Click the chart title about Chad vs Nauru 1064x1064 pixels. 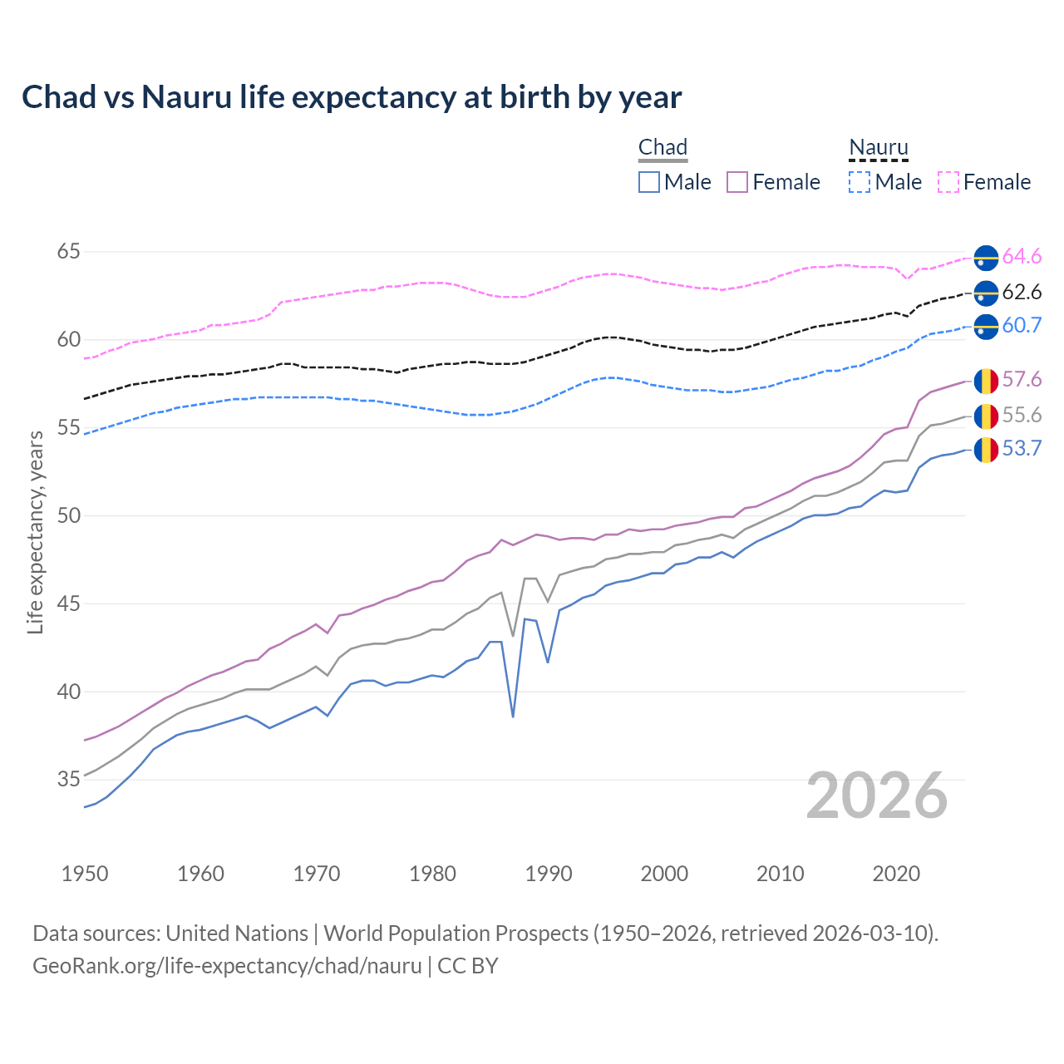[x=352, y=97]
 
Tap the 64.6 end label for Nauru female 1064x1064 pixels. [x=1022, y=257]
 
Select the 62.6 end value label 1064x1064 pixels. [x=1022, y=292]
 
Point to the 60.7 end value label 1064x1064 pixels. [x=1022, y=325]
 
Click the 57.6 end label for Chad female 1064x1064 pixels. [x=1022, y=380]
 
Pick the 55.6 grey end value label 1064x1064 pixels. [x=1022, y=415]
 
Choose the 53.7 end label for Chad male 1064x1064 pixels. [x=1022, y=449]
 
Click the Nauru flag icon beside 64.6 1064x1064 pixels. [x=986, y=258]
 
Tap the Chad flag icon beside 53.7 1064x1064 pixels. [x=986, y=450]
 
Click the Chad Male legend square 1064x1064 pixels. [x=649, y=182]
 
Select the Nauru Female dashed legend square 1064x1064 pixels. [x=948, y=182]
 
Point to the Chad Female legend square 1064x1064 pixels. [x=737, y=182]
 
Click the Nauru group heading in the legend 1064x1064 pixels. [x=878, y=147]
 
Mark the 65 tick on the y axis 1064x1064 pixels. [x=69, y=251]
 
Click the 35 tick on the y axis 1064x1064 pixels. [x=69, y=779]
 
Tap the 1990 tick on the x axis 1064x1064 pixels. [x=549, y=874]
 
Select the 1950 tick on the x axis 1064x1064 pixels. [x=85, y=874]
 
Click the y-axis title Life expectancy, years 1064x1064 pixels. [x=36, y=532]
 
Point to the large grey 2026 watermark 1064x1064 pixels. [x=877, y=796]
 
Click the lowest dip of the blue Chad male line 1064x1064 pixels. [x=513, y=716]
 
